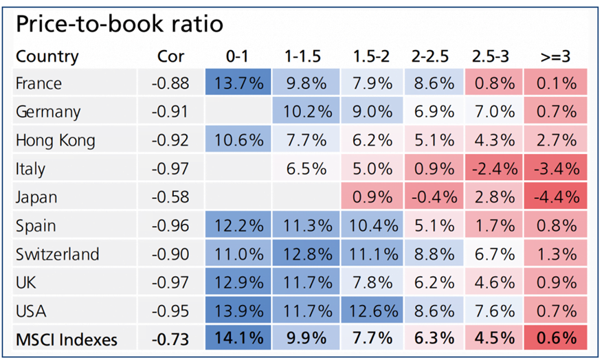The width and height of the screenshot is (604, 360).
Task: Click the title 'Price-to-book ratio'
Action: click(x=120, y=24)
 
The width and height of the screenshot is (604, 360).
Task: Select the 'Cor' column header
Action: click(x=170, y=56)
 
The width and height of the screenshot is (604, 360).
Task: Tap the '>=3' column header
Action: click(x=555, y=56)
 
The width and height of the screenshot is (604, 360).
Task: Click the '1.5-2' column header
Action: click(x=371, y=56)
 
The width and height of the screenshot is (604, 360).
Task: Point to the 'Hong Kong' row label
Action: click(x=56, y=140)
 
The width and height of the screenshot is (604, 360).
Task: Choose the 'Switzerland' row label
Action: click(x=58, y=254)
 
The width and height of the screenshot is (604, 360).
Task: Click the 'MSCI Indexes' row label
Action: click(x=67, y=339)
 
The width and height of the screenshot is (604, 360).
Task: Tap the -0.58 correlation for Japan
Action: click(x=170, y=197)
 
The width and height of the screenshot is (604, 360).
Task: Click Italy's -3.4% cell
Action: click(x=555, y=168)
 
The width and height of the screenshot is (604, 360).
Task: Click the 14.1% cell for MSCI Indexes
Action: click(x=238, y=337)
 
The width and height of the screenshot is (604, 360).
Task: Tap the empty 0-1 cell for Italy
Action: click(x=238, y=168)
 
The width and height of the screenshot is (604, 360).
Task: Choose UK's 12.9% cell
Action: click(x=238, y=282)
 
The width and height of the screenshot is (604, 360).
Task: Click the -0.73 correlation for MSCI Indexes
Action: click(x=170, y=339)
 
